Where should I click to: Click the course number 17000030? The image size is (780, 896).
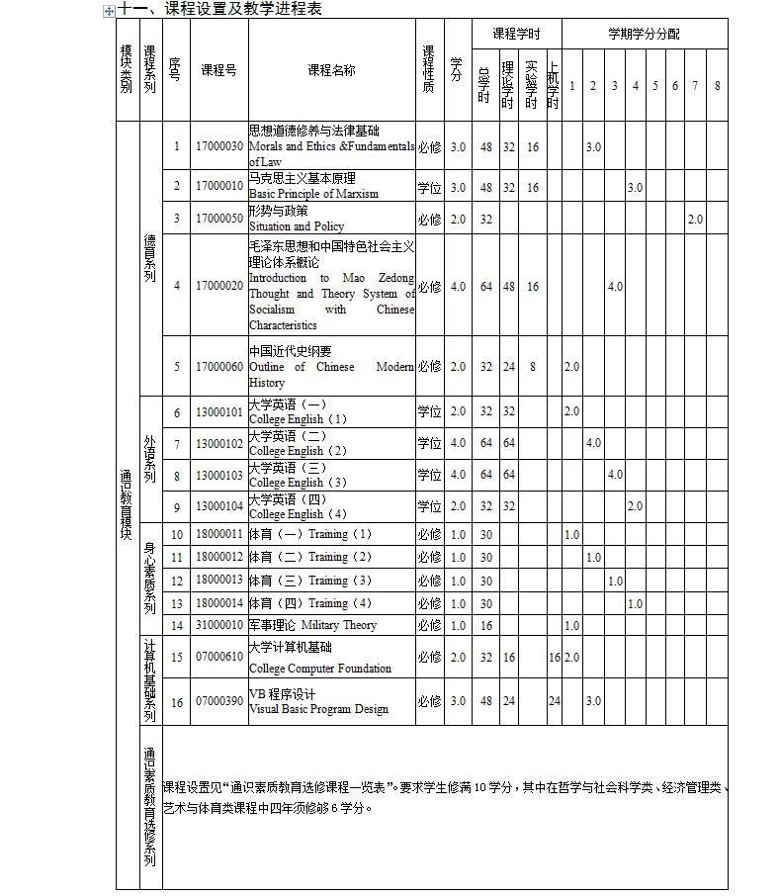click(x=218, y=146)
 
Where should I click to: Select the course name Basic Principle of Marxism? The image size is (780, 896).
click(x=313, y=194)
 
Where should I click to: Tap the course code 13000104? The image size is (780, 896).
click(x=218, y=506)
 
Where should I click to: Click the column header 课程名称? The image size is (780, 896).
click(x=331, y=70)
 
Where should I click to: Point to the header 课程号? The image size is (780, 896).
click(x=218, y=70)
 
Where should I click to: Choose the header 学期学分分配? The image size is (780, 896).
click(x=644, y=34)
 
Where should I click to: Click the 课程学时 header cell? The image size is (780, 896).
click(x=516, y=34)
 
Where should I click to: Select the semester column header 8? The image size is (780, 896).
click(x=717, y=86)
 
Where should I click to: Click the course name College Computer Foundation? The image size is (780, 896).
click(x=319, y=669)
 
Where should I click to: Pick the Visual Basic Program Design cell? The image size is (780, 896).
click(x=318, y=709)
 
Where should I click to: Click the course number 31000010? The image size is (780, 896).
click(x=218, y=625)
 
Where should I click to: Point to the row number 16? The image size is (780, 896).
click(x=177, y=702)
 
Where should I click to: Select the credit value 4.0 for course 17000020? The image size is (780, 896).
click(x=457, y=287)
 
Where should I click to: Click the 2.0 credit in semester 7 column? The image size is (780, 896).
click(x=695, y=220)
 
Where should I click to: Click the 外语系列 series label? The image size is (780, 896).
click(x=149, y=459)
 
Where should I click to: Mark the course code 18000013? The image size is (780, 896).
click(x=218, y=581)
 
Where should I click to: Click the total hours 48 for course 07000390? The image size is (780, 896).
click(x=485, y=701)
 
